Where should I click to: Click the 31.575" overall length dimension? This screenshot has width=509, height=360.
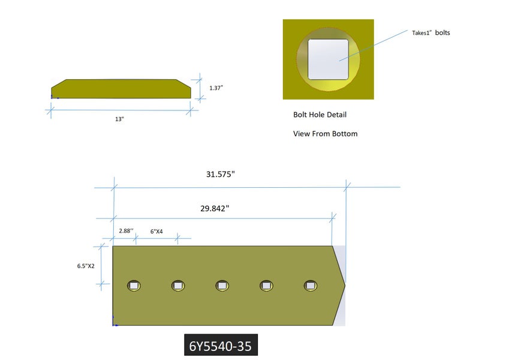click(x=221, y=174)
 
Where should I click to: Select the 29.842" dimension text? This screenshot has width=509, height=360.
click(x=215, y=208)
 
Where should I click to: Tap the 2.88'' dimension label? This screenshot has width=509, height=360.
click(x=126, y=230)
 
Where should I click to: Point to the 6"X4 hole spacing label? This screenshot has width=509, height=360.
click(x=156, y=232)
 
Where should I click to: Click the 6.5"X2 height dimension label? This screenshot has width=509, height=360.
click(x=86, y=266)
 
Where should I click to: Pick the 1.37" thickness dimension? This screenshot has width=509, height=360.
click(x=216, y=88)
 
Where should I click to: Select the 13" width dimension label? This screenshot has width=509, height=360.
click(x=119, y=119)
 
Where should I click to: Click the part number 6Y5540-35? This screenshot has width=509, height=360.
click(x=221, y=346)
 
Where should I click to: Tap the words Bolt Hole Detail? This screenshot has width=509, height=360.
click(x=320, y=115)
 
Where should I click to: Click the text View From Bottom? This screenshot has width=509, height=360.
click(x=326, y=134)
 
